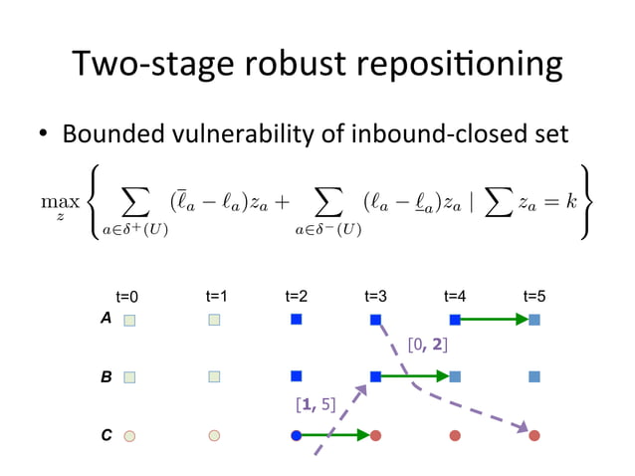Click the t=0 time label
click(x=127, y=297)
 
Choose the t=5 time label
click(x=534, y=296)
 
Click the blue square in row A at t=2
click(x=296, y=320)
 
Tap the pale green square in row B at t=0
click(x=129, y=377)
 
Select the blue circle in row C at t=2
click(x=296, y=435)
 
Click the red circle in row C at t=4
click(x=455, y=435)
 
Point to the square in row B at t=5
click(x=534, y=377)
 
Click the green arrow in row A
click(x=495, y=320)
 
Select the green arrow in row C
click(x=335, y=435)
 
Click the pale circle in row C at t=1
click(x=214, y=435)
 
